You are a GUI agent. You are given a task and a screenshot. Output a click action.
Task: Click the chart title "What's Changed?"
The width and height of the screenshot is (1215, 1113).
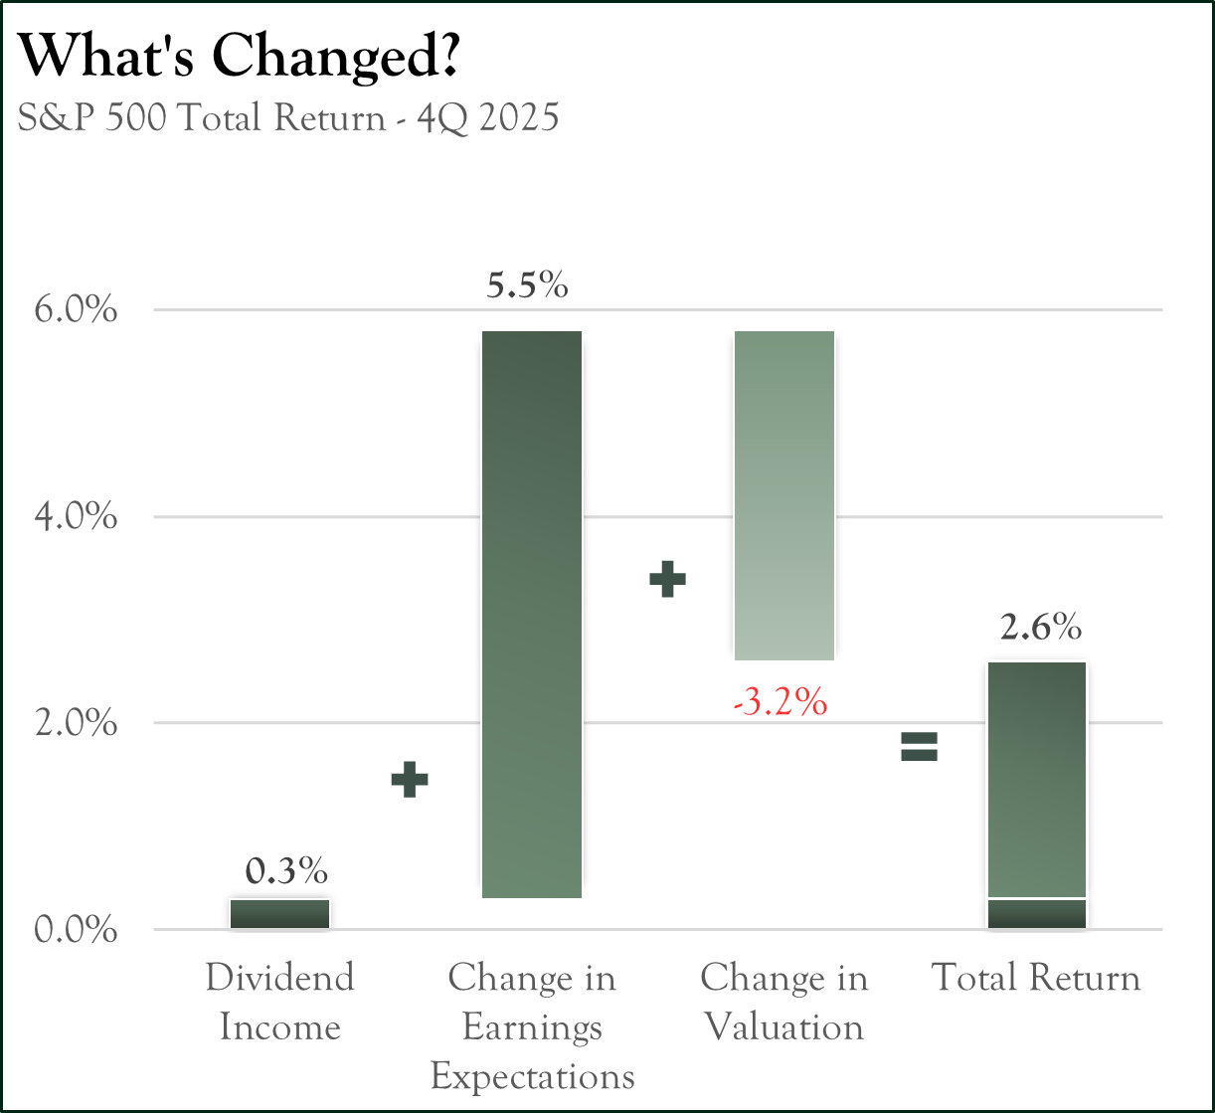click(x=239, y=58)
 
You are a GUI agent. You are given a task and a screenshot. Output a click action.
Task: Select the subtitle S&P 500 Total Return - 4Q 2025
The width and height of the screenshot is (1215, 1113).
click(x=288, y=118)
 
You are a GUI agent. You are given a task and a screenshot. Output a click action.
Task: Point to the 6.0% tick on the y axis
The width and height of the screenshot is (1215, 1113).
click(x=76, y=310)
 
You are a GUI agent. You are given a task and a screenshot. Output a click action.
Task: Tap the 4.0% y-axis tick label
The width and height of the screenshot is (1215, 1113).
click(x=76, y=517)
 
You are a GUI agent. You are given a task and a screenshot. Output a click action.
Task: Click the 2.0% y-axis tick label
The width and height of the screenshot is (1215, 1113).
click(x=76, y=723)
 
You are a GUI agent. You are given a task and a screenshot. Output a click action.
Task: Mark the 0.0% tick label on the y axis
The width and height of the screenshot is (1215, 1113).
click(x=76, y=930)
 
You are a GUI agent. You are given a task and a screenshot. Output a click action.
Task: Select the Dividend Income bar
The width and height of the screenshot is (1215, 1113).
click(x=279, y=914)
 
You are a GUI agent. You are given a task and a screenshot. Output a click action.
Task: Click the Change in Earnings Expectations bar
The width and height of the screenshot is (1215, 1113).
click(x=532, y=614)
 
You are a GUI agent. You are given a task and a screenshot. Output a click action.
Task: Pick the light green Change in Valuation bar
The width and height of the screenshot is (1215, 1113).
click(x=783, y=495)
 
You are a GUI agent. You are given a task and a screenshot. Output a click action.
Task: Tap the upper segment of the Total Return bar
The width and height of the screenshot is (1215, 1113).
click(x=1036, y=779)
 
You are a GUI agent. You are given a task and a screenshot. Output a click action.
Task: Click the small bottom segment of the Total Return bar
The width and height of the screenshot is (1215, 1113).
click(x=1036, y=914)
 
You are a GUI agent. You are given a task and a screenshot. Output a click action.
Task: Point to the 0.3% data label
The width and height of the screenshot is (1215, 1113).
click(x=286, y=872)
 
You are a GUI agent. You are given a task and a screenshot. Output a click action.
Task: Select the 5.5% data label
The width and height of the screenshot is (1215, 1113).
click(x=527, y=286)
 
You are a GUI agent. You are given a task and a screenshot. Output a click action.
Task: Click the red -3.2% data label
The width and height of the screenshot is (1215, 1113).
click(x=781, y=702)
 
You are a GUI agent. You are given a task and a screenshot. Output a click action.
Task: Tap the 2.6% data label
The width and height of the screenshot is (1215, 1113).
click(x=1040, y=628)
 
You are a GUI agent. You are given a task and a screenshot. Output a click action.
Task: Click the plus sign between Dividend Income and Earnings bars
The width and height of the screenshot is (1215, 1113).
click(x=409, y=780)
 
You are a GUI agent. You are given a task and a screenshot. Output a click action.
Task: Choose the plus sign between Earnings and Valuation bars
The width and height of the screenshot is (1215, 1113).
click(x=668, y=579)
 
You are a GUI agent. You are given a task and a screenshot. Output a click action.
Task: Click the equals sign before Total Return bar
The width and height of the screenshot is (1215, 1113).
click(x=920, y=746)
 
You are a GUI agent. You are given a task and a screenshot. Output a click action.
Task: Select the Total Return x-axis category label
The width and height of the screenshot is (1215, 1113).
click(x=1036, y=978)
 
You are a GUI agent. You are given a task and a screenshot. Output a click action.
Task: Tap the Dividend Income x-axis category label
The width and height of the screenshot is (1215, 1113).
click(x=279, y=1002)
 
